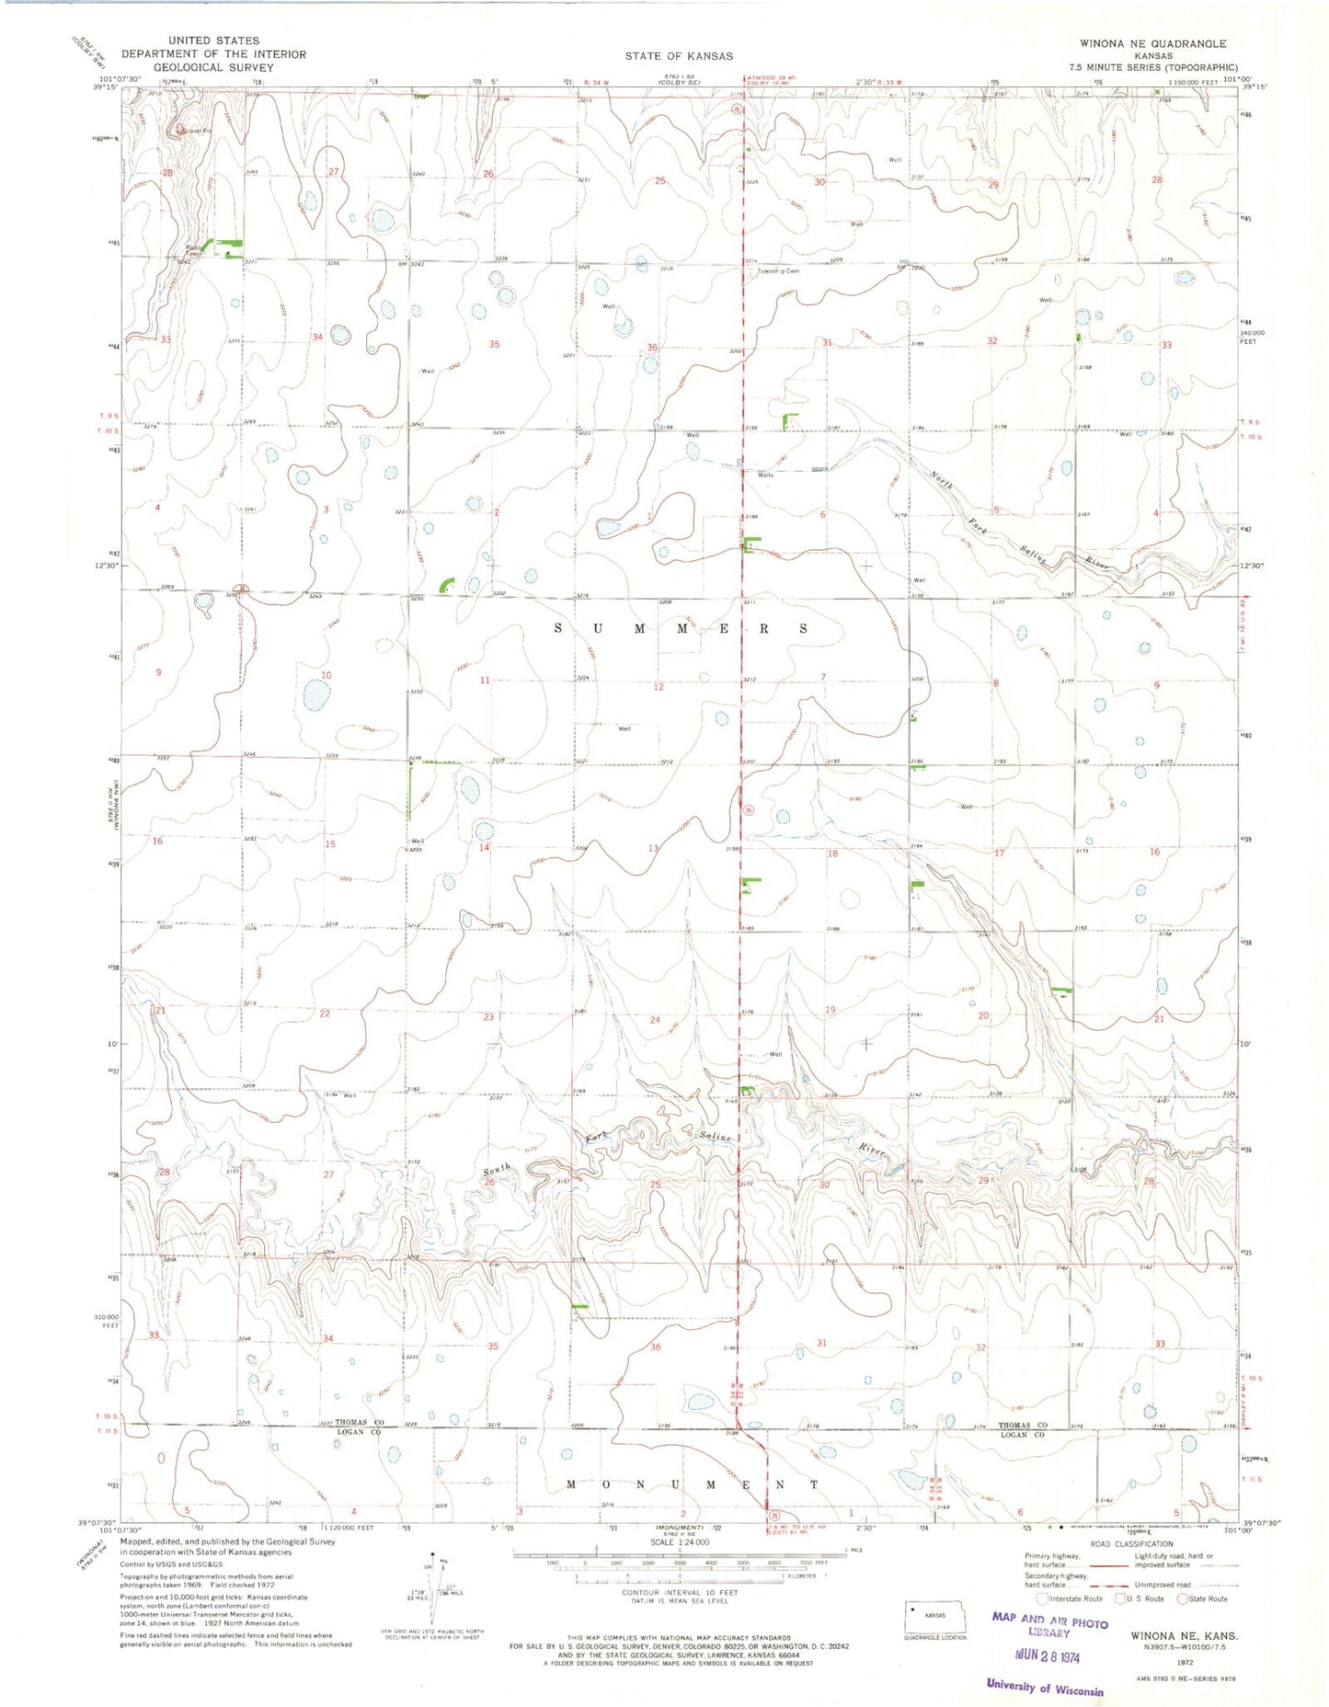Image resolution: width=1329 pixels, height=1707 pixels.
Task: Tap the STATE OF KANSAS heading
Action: [x=679, y=56]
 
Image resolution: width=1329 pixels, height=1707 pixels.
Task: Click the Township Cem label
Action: [x=778, y=271]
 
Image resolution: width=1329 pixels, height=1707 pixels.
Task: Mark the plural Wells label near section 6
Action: [x=765, y=475]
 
